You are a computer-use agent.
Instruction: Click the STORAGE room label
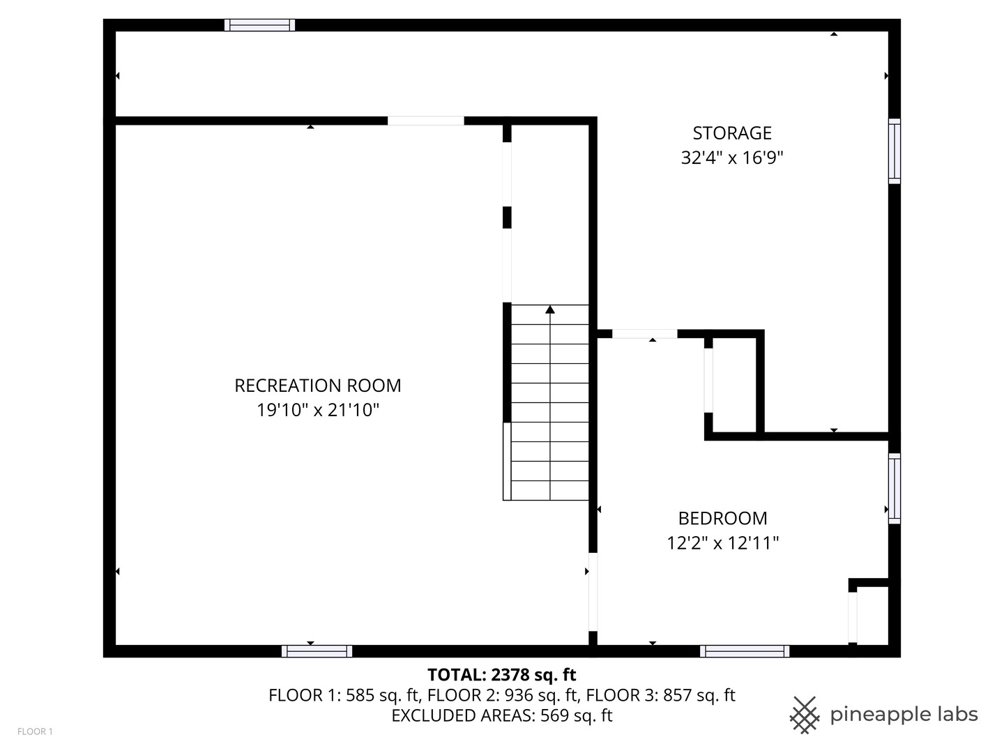click(x=732, y=133)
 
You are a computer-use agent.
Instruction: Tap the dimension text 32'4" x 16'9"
click(x=732, y=158)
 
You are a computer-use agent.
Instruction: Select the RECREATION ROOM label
click(x=317, y=386)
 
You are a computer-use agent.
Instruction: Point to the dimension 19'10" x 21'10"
click(x=317, y=410)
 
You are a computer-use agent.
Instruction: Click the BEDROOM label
click(x=723, y=519)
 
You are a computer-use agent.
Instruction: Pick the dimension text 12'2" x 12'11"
click(x=723, y=543)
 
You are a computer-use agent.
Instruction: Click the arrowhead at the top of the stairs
click(x=550, y=310)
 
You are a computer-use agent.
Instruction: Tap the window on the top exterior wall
click(x=259, y=25)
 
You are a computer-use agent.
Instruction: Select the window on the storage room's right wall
click(x=895, y=151)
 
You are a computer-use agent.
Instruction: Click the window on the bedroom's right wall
click(x=895, y=488)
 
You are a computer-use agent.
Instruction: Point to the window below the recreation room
click(x=317, y=651)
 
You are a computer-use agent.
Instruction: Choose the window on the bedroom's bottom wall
click(x=744, y=651)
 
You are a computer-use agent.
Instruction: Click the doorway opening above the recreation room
click(x=426, y=121)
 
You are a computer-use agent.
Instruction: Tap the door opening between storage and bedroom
click(x=644, y=334)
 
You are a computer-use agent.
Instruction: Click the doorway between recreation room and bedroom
click(x=593, y=592)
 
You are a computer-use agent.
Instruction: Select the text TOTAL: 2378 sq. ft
click(x=502, y=674)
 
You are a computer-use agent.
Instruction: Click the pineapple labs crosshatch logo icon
click(x=805, y=715)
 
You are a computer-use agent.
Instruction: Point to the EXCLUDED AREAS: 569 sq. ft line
click(x=502, y=715)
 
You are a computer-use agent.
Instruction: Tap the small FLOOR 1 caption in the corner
click(x=36, y=731)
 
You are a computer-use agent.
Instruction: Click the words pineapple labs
click(x=904, y=715)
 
